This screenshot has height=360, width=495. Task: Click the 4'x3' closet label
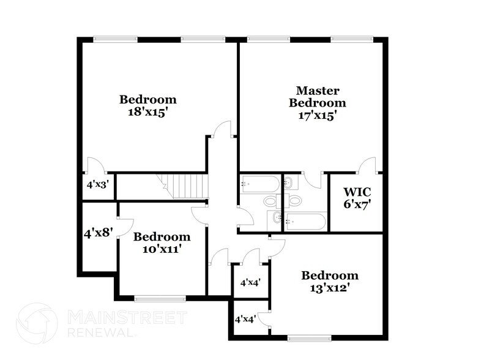pos(98,184)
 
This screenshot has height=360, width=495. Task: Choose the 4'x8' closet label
pos(98,233)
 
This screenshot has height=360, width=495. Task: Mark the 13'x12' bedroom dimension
pos(329,287)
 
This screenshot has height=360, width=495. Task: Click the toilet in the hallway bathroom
pos(270,201)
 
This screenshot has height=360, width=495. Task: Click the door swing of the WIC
pos(367,165)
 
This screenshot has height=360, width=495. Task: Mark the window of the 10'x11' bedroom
pos(159,298)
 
